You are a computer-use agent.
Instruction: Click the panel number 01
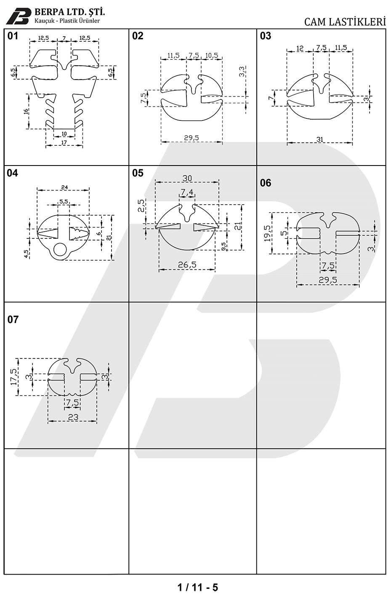(13, 36)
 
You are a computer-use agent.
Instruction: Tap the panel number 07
(13, 319)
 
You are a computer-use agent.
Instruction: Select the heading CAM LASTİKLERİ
(345, 22)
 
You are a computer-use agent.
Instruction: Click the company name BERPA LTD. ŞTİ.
(69, 12)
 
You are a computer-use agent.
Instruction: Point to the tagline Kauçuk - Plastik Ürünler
(67, 21)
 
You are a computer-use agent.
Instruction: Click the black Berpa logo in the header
(18, 16)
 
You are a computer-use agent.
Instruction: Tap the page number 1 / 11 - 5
(197, 587)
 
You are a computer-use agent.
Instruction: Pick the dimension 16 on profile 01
(26, 111)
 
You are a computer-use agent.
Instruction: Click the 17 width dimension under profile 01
(64, 142)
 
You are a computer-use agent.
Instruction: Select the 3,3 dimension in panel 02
(242, 72)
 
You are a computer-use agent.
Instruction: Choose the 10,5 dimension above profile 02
(212, 55)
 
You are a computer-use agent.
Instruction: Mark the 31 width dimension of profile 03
(320, 139)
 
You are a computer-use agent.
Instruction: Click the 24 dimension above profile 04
(64, 187)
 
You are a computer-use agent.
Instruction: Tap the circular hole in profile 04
(60, 250)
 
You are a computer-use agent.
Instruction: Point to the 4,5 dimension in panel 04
(26, 254)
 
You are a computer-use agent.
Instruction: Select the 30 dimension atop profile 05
(187, 178)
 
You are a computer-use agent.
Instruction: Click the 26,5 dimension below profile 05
(187, 265)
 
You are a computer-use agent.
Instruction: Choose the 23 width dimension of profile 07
(73, 417)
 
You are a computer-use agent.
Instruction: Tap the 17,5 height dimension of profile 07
(13, 377)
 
